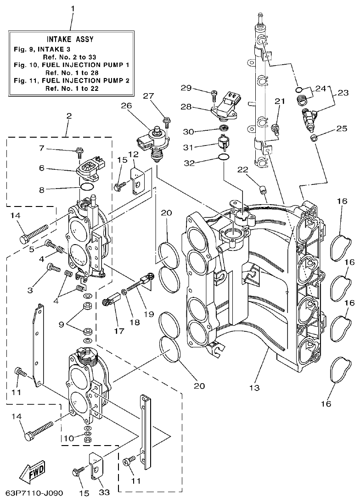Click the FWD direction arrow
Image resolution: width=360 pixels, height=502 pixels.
point(34,471)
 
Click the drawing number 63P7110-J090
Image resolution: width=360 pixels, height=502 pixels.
point(34,494)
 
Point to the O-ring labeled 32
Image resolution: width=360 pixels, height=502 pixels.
point(223,157)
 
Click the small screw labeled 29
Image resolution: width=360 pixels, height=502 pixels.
point(214,95)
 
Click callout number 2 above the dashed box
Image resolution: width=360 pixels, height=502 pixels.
point(68,116)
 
